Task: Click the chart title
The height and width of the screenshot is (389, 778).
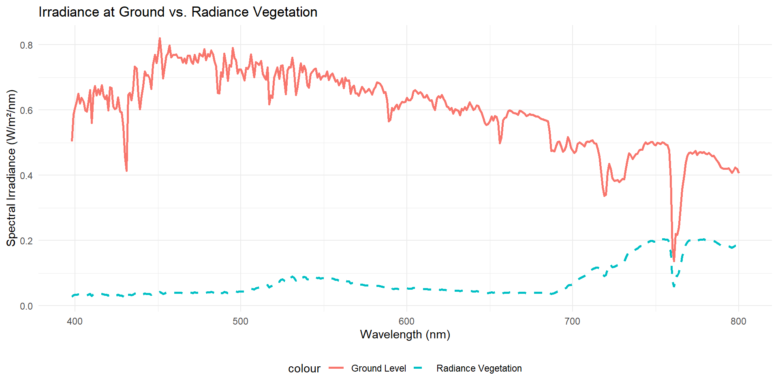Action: coord(177,12)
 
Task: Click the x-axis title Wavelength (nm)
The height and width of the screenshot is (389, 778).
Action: coord(405,334)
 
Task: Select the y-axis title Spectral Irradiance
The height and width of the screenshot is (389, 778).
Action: coord(11,168)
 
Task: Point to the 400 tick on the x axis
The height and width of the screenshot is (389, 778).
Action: coord(75,321)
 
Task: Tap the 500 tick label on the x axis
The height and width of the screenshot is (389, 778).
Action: coord(240,321)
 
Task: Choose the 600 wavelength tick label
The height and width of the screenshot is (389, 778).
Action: coord(406,321)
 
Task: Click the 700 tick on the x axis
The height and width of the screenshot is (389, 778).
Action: coord(572,321)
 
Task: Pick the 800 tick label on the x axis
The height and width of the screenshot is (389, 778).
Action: coord(738,321)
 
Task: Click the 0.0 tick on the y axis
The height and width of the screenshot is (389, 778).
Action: coord(26,306)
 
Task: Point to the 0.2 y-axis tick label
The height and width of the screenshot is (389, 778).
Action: coord(26,241)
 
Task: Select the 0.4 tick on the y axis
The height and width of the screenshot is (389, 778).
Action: coord(26,175)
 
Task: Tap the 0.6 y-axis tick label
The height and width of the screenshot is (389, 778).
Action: coord(26,110)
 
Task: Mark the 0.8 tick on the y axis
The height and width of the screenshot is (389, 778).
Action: coord(26,45)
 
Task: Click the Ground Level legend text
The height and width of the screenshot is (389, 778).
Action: coord(378,368)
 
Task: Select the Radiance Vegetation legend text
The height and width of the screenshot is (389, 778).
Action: coord(479,368)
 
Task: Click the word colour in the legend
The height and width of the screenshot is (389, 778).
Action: coord(304,369)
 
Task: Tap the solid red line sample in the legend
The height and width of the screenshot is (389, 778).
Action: coord(336,368)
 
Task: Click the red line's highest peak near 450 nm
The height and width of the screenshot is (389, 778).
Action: coord(160,38)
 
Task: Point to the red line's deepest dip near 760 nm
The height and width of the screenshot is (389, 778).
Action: coord(674,261)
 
